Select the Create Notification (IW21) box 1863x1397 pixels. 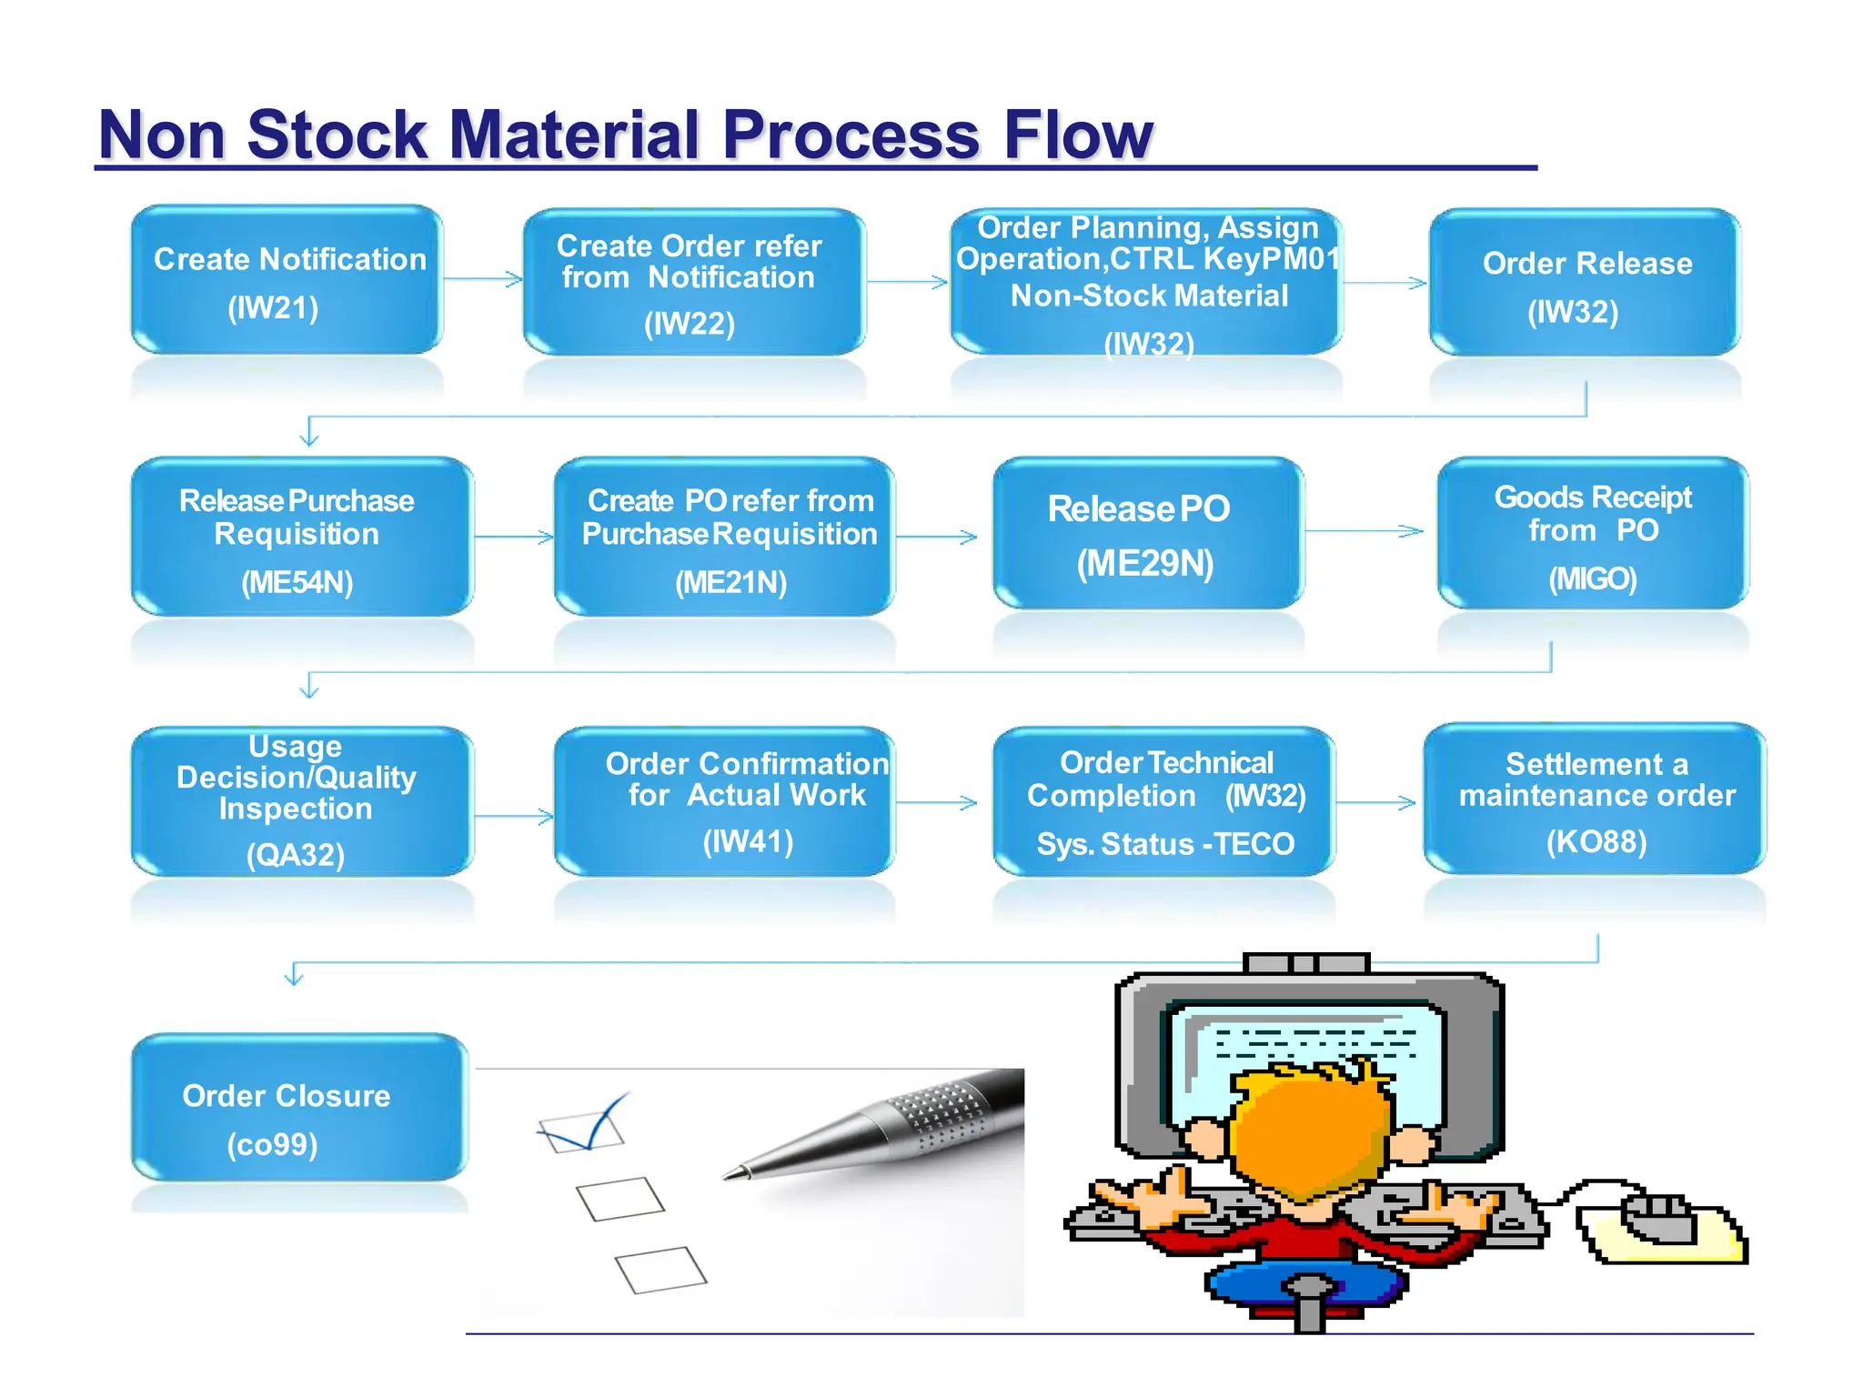pyautogui.click(x=287, y=280)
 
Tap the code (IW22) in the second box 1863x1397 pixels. pyautogui.click(x=689, y=324)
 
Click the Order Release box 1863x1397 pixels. pyautogui.click(x=1585, y=284)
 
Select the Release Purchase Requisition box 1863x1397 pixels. pyautogui.click(x=300, y=537)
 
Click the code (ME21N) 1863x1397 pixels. pyautogui.click(x=730, y=582)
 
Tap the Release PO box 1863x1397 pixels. pyautogui.click(x=1146, y=535)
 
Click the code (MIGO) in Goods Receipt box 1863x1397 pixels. pyautogui.click(x=1592, y=578)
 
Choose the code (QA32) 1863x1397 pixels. pyautogui.click(x=296, y=855)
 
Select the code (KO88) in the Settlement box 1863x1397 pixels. pyautogui.click(x=1596, y=841)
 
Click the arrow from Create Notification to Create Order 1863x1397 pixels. pyautogui.click(x=483, y=279)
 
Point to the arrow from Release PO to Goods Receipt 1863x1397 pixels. pyautogui.click(x=1365, y=531)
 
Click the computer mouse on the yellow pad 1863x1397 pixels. pyautogui.click(x=1659, y=1219)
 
